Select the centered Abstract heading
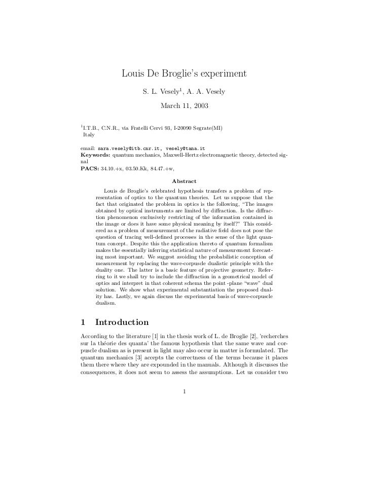[184, 181]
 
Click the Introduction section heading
[122, 322]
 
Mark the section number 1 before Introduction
[83, 322]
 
